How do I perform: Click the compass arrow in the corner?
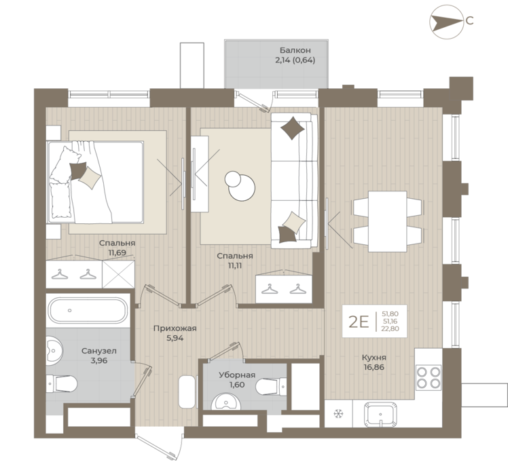tap(446, 21)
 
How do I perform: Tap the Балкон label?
tap(295, 50)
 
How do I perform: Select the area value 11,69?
tap(117, 252)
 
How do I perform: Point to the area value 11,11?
tap(235, 265)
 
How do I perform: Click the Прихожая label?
tap(175, 328)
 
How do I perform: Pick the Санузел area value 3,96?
tap(99, 360)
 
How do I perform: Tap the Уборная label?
tap(237, 375)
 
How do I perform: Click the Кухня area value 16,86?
tap(374, 368)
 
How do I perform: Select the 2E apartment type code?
tap(359, 322)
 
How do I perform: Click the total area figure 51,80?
tap(390, 313)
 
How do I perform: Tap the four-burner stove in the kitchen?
tap(429, 376)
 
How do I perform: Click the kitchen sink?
tap(380, 414)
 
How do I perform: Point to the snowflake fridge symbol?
tap(338, 413)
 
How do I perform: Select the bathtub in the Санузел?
tap(88, 310)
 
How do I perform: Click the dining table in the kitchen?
tap(388, 221)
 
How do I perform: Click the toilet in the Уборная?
tap(271, 386)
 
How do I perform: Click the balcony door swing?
tap(255, 101)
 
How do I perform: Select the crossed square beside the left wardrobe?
tap(118, 274)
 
